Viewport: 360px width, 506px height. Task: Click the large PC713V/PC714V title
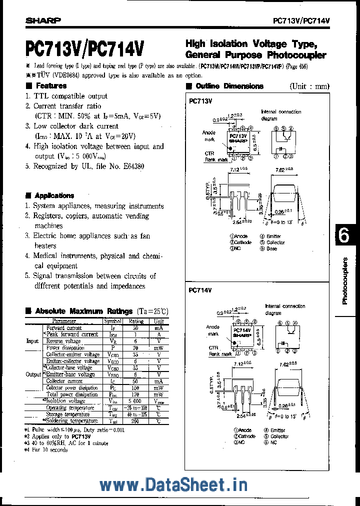(x=84, y=49)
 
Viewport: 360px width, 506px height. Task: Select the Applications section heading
(x=54, y=195)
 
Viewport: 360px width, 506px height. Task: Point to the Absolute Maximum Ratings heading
(x=84, y=311)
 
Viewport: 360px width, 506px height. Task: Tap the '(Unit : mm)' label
(x=309, y=86)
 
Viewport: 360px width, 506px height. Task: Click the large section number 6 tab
(x=344, y=237)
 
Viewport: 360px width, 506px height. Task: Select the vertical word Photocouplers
(x=345, y=281)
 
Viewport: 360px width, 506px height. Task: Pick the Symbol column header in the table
(x=112, y=321)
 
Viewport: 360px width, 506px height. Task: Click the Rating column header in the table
(x=136, y=321)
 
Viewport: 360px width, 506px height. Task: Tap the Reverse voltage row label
(x=63, y=341)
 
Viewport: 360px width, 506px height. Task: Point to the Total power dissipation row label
(x=72, y=394)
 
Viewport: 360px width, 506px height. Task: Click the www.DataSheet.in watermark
(x=173, y=484)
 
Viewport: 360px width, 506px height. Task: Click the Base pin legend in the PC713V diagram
(x=271, y=248)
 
